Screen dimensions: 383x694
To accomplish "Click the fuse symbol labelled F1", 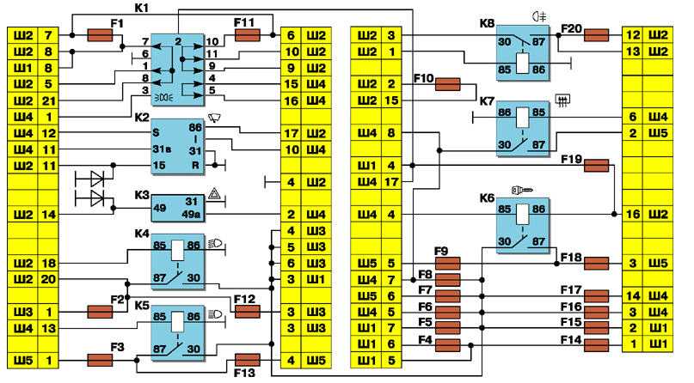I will point(101,35).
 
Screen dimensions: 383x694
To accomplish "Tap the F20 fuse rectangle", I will point(597,35).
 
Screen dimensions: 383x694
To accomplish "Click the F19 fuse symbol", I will point(596,166).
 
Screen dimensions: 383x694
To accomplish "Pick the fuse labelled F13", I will point(248,360).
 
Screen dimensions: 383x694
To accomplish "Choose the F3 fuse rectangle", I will point(101,360).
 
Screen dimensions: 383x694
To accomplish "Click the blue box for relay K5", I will point(180,331).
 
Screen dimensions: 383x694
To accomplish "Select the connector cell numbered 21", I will point(50,100).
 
